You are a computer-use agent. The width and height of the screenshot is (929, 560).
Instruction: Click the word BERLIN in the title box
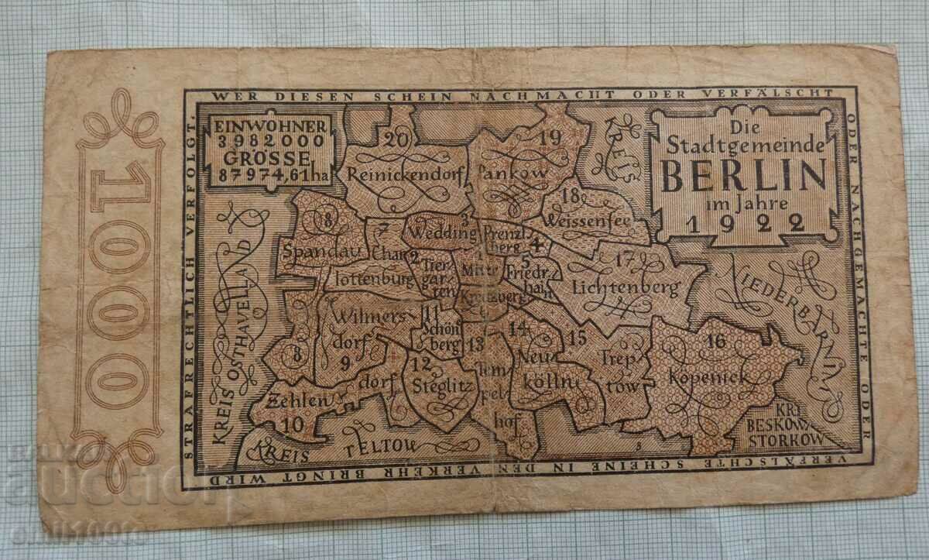(x=743, y=177)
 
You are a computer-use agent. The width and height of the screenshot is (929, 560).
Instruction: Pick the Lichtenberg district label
(x=626, y=287)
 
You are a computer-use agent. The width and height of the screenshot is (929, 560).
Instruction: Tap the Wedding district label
(x=442, y=232)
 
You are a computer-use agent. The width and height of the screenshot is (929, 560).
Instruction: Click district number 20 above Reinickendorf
(x=396, y=139)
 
